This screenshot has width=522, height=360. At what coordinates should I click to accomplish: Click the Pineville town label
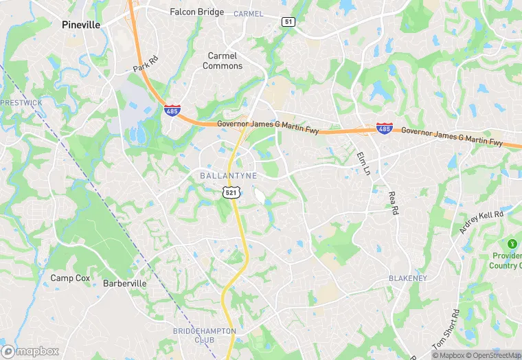pyautogui.click(x=80, y=24)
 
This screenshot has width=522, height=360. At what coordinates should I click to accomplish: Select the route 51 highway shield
pyautogui.click(x=288, y=22)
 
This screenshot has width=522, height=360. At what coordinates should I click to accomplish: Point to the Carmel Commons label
pyautogui.click(x=223, y=60)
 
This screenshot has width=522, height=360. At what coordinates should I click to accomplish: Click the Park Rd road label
pyautogui.click(x=146, y=65)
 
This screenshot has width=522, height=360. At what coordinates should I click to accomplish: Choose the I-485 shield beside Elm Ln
pyautogui.click(x=385, y=128)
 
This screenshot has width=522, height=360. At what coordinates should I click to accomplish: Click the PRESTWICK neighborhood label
pyautogui.click(x=21, y=102)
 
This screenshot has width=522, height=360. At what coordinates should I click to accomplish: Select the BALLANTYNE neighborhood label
pyautogui.click(x=228, y=176)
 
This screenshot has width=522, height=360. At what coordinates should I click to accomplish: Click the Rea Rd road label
pyautogui.click(x=392, y=204)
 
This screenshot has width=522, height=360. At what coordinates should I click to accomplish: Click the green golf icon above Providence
pyautogui.click(x=512, y=243)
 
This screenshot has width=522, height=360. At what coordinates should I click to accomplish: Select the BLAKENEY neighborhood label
pyautogui.click(x=407, y=278)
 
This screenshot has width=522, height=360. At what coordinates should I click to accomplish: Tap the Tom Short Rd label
pyautogui.click(x=446, y=329)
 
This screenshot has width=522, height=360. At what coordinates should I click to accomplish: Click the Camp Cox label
pyautogui.click(x=71, y=278)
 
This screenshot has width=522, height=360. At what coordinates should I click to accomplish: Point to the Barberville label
pyautogui.click(x=124, y=283)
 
